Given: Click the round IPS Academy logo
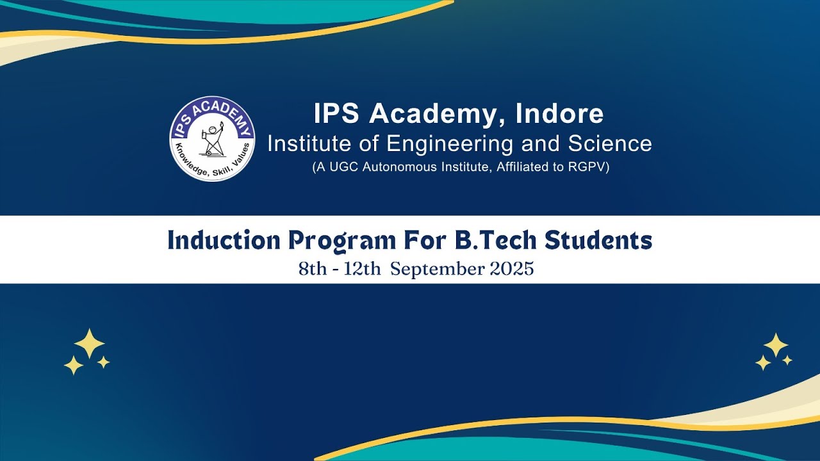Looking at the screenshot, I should tap(212, 138).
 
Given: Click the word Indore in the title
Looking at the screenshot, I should tap(560, 114).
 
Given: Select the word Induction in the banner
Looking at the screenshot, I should tap(224, 241).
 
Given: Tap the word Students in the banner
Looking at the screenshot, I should tap(598, 241).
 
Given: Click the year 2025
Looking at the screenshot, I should tap(511, 269).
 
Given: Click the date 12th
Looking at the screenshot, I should tap(363, 269).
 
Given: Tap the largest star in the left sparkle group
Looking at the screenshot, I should tap(89, 344).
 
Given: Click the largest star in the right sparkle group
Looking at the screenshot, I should tap(776, 345).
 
